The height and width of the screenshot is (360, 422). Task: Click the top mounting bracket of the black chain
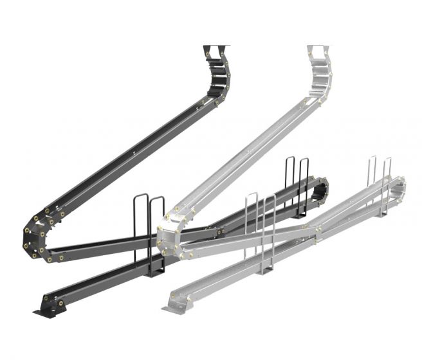click(216, 49)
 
